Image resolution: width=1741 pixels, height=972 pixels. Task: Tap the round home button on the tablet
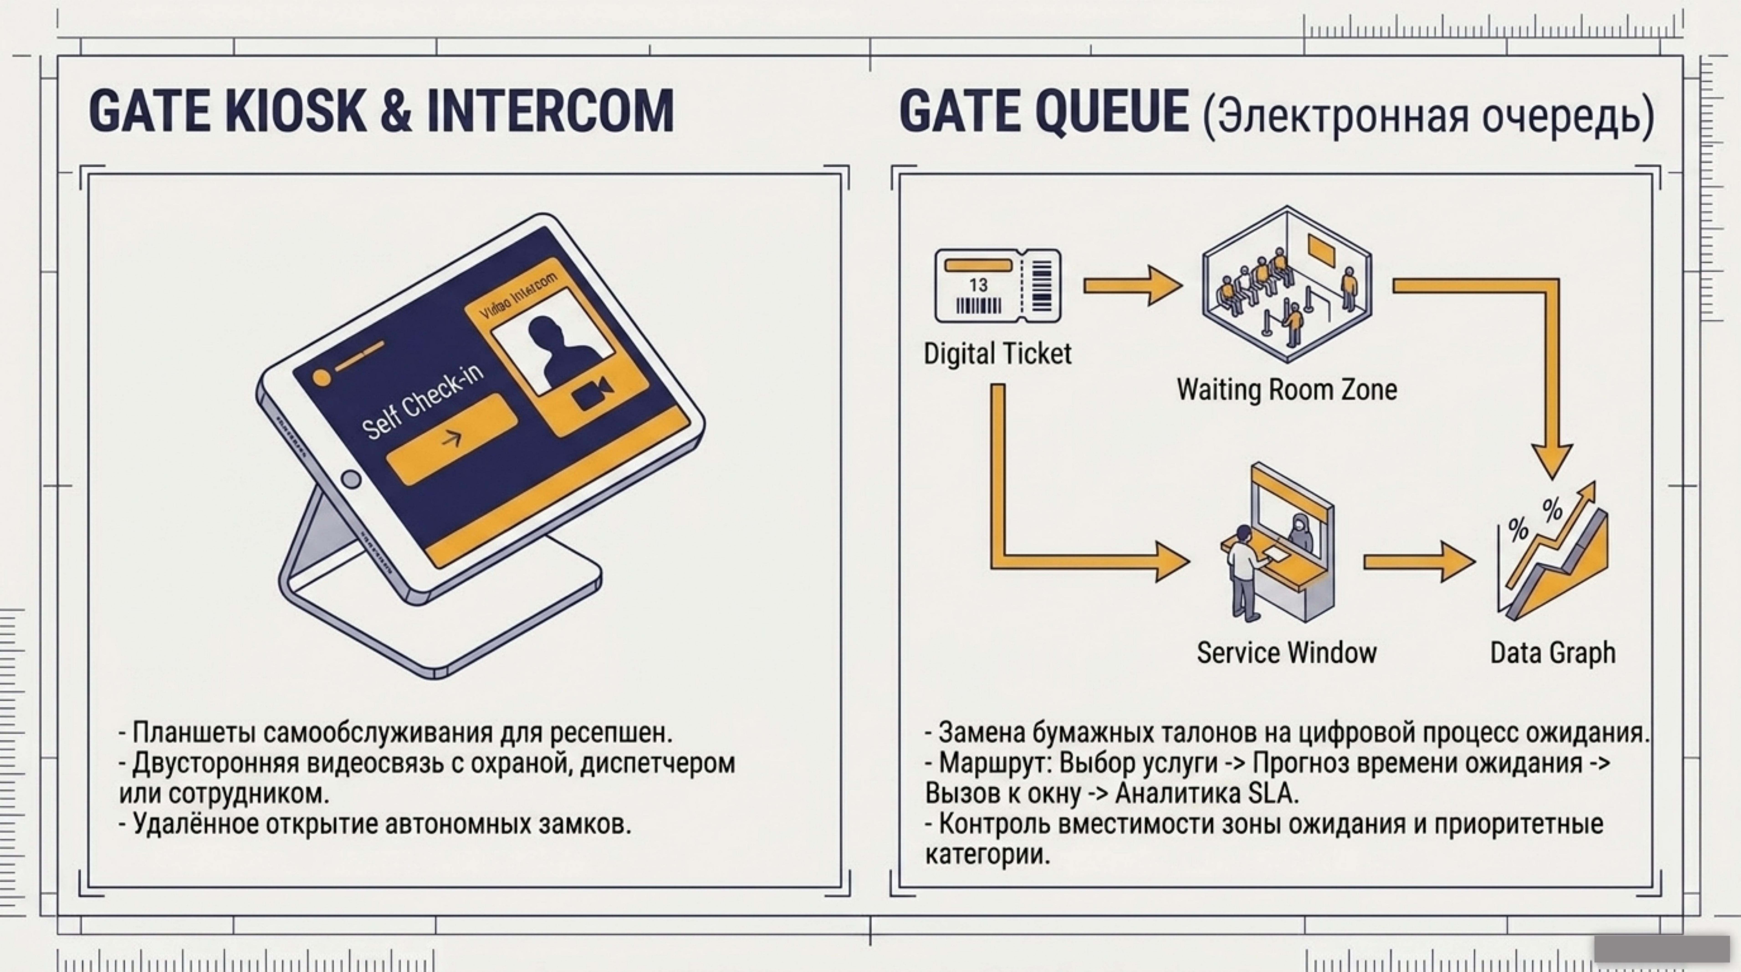pyautogui.click(x=351, y=480)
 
